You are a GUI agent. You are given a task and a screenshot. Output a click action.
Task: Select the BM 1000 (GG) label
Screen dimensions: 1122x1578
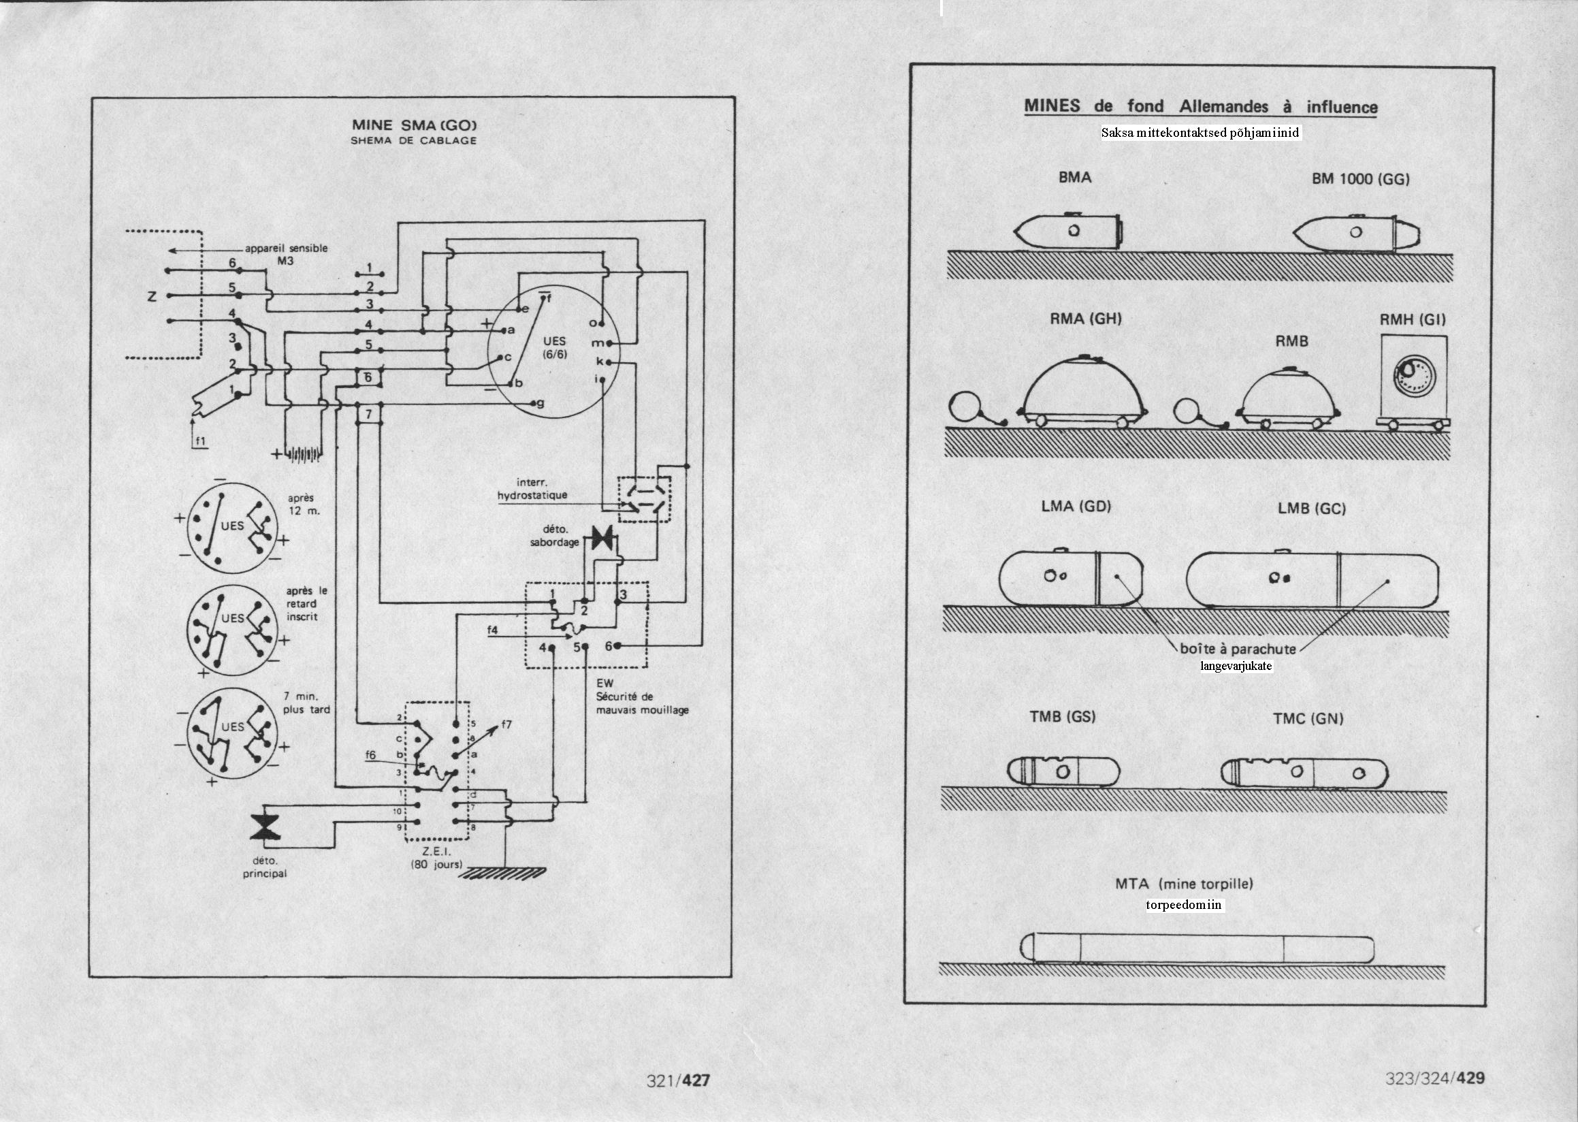1360,179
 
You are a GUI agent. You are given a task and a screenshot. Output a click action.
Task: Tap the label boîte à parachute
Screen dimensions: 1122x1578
1238,649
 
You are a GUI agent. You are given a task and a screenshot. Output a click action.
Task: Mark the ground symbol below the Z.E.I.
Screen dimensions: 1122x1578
502,873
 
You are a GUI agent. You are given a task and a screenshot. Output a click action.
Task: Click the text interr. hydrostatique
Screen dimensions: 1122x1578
532,489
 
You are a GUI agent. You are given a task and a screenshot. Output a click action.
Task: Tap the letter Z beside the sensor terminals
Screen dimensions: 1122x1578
151,296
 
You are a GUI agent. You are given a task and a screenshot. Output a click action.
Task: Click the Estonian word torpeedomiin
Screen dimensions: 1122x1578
1185,904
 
